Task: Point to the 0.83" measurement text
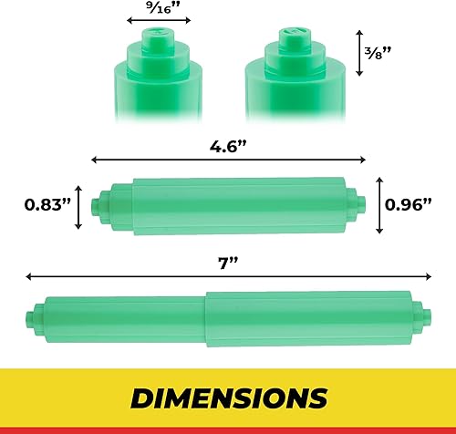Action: coord(47,206)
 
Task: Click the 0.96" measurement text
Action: coord(407,206)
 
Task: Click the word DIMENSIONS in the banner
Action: coord(228,398)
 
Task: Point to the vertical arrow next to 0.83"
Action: coord(81,207)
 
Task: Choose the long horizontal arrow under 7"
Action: coord(228,274)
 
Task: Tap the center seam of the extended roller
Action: coord(207,315)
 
